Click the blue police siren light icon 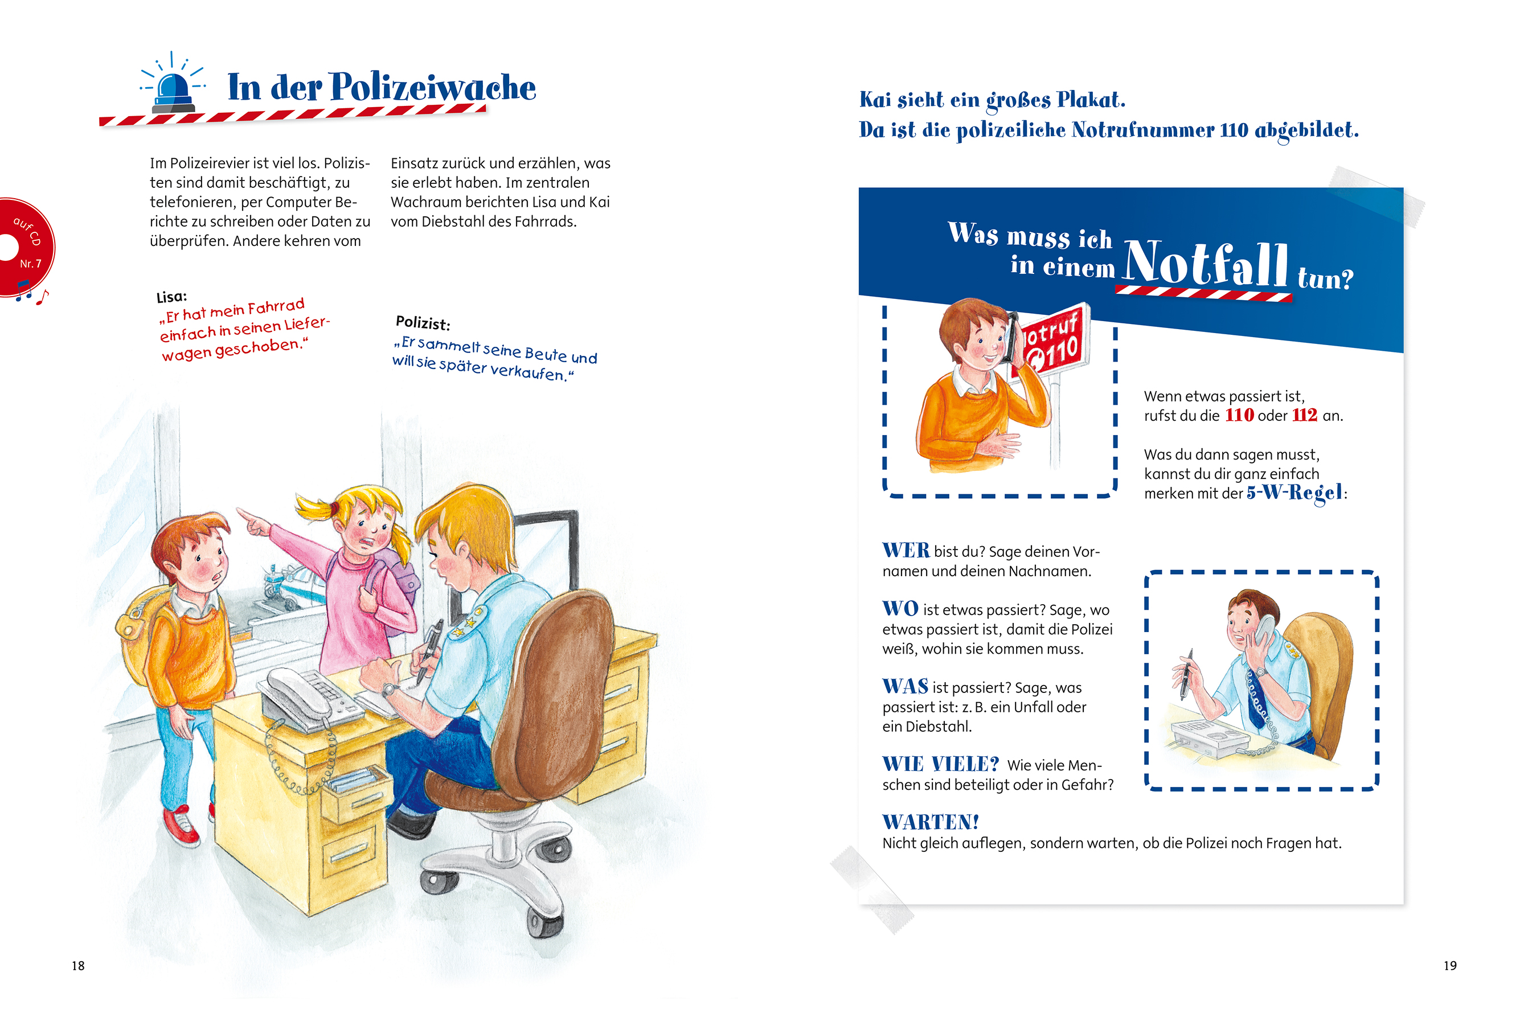tap(173, 87)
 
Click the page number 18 tap(78, 966)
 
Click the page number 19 tap(1449, 966)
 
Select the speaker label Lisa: tap(171, 297)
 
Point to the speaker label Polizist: tap(423, 322)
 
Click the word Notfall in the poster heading tap(1205, 264)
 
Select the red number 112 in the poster tap(1305, 415)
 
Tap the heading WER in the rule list tap(906, 550)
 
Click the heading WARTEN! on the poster tap(931, 822)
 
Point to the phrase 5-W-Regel tap(1295, 493)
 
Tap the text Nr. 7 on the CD tap(30, 264)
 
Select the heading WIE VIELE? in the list tap(940, 765)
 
